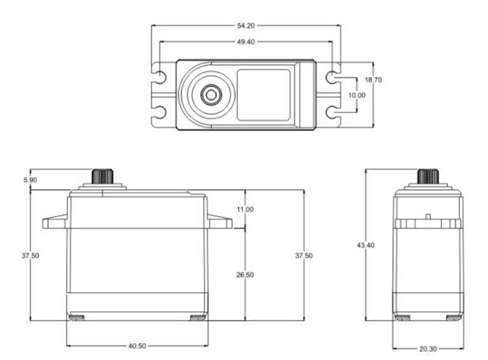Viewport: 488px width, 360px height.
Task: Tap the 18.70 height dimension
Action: pyautogui.click(x=373, y=81)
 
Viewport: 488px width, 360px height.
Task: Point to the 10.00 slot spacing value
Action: pyautogui.click(x=357, y=95)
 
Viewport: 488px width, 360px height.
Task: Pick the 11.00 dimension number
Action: pyautogui.click(x=245, y=210)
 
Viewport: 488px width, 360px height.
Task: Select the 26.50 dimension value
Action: pyautogui.click(x=245, y=275)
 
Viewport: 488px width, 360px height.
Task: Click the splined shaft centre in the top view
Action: pyautogui.click(x=210, y=95)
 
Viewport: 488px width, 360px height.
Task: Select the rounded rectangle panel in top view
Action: pyautogui.click(x=264, y=95)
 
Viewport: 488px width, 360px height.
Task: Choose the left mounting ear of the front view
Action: pyautogui.click(x=55, y=222)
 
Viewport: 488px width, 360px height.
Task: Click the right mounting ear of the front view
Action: pyautogui.click(x=219, y=222)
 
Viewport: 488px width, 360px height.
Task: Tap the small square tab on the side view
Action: pyautogui.click(x=428, y=217)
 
